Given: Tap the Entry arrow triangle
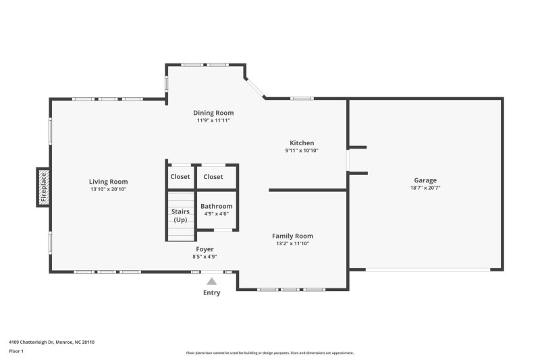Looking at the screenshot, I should coord(212,281).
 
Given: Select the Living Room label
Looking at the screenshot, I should coord(108,182).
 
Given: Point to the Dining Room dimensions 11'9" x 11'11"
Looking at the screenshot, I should coord(213,121).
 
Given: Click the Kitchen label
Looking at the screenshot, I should coord(302,143).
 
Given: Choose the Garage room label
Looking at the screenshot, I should coord(425,180).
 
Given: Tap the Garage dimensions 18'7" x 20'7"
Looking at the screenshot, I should coord(425,188).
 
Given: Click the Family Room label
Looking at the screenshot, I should coord(292,236).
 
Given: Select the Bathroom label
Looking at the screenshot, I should coord(217,206).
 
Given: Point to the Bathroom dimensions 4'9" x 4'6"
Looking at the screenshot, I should coord(217,214).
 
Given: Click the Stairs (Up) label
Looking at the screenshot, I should coord(180,215).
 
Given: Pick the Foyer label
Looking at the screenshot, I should coord(205,249).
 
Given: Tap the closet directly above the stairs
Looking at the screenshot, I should coord(180,177).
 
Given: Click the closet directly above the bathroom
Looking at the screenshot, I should coord(213,177).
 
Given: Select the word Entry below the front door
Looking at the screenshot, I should coord(212,292).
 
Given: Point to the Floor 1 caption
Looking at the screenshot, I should coord(16,352).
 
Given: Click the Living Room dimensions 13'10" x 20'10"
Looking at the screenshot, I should coord(108,190).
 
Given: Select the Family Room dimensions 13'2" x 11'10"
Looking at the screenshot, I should coord(292,244).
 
